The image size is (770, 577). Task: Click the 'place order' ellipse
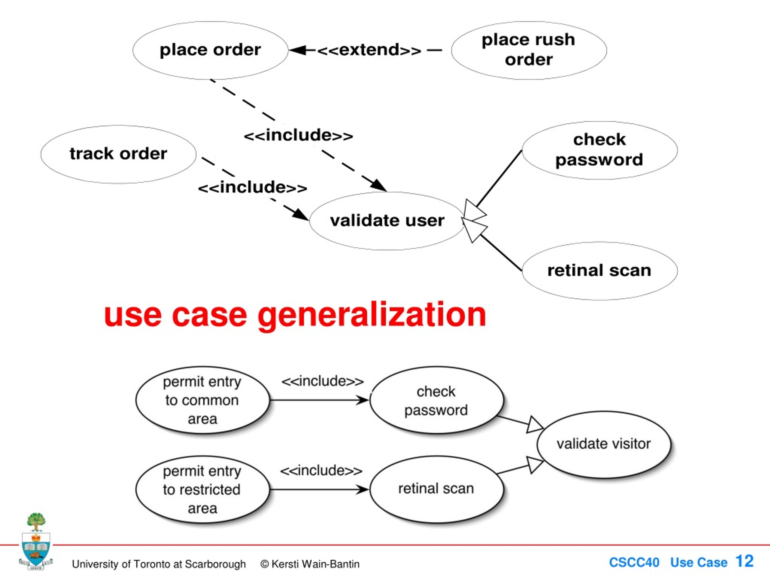210,50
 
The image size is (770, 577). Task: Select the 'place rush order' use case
529,50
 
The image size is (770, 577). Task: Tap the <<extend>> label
369,50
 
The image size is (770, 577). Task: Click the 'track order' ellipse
118,154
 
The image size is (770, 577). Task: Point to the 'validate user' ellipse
387,221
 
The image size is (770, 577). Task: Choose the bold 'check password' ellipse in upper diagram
599,150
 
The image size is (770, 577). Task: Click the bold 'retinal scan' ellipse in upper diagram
599,270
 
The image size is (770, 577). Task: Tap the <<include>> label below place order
298,136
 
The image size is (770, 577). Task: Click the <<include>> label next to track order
252,188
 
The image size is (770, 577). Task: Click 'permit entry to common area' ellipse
202,400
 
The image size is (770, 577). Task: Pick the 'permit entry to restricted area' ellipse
202,489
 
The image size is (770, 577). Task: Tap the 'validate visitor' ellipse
604,444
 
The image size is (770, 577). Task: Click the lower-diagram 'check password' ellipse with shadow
436,400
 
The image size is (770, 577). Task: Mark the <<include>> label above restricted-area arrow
321,471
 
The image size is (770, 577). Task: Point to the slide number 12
744,561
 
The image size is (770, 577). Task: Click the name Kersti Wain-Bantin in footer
315,564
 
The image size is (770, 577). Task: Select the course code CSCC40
634,562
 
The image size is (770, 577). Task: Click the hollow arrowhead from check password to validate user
474,210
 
